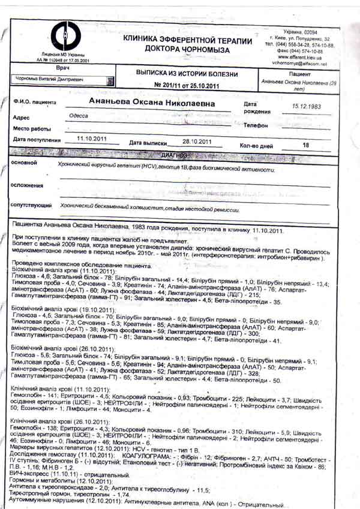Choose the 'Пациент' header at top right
pos(298,72)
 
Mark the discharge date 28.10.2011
pos(197,141)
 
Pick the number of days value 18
pos(306,145)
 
